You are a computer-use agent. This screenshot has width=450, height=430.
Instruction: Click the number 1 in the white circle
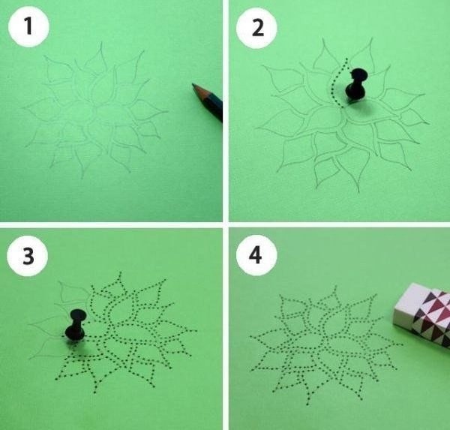(28, 26)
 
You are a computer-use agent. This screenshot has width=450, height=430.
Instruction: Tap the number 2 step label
(257, 28)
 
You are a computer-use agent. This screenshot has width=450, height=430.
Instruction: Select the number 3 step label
(28, 256)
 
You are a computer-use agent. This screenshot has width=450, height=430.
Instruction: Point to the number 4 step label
(255, 255)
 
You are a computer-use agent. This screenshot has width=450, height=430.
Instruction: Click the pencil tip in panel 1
(193, 85)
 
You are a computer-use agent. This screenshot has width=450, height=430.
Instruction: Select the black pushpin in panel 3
(76, 326)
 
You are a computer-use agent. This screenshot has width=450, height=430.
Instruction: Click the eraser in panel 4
(421, 314)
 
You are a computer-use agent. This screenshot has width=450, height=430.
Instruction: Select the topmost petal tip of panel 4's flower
(335, 287)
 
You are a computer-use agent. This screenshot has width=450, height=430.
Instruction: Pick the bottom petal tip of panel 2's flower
(358, 191)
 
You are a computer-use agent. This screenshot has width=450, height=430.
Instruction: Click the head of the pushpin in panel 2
(359, 75)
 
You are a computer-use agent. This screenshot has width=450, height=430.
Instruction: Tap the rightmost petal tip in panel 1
(167, 112)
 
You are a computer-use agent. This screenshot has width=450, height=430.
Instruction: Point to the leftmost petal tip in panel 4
(250, 336)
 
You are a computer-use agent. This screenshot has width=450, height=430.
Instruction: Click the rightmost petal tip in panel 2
(429, 124)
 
